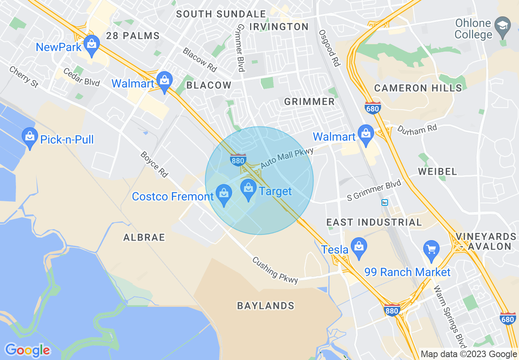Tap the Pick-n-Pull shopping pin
coord(29,137)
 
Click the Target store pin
coord(248,189)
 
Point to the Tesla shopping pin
coord(359,247)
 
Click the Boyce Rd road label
coord(154,164)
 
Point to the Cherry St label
coord(24,76)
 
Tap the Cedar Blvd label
coord(81,76)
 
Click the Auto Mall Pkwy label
coord(287,157)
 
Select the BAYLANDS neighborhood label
coord(266,306)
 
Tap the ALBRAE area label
coord(144,237)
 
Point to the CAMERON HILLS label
coord(418,88)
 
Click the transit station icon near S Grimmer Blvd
coord(385,202)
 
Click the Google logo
coord(27,350)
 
